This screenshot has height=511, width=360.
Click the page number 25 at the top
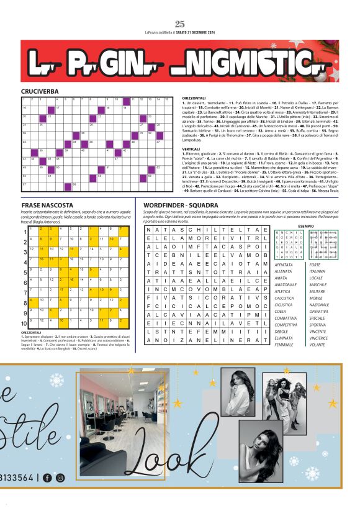pyautogui.click(x=180, y=24)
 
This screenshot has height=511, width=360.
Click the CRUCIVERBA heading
pyautogui.click(x=40, y=91)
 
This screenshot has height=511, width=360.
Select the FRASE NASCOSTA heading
pyautogui.click(x=47, y=205)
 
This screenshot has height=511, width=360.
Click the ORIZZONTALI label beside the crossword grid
pyautogui.click(x=194, y=97)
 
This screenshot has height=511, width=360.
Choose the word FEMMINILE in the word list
pyautogui.click(x=285, y=344)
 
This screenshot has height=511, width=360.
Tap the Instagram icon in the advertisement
pyautogui.click(x=60, y=477)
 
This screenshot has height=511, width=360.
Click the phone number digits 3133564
pyautogui.click(x=18, y=477)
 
